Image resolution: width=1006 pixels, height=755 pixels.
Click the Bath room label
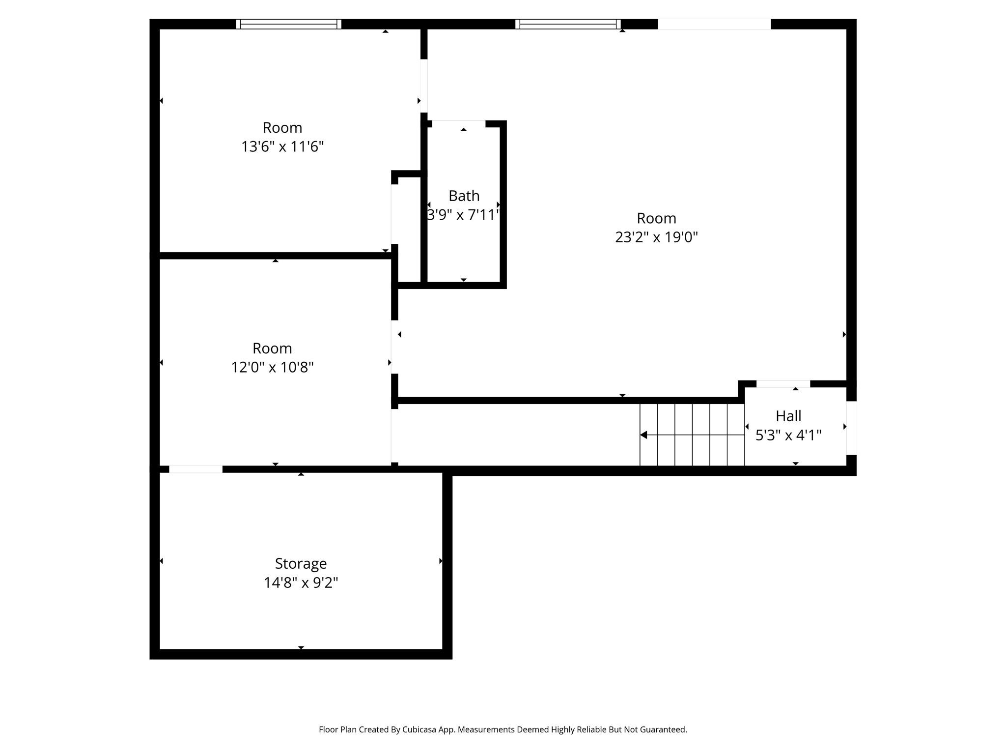click(x=464, y=196)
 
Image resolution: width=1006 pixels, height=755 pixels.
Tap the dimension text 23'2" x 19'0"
click(x=656, y=237)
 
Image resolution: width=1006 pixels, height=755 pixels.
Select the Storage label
click(x=301, y=563)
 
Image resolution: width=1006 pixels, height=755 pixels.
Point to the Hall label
click(x=788, y=416)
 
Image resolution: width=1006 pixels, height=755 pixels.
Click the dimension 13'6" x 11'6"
click(x=282, y=146)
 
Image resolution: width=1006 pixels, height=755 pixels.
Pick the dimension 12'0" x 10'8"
click(x=272, y=367)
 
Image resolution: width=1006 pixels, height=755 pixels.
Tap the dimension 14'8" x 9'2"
click(x=301, y=583)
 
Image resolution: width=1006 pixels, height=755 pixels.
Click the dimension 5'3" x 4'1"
click(x=788, y=436)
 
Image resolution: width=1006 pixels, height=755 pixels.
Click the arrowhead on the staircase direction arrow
click(x=643, y=435)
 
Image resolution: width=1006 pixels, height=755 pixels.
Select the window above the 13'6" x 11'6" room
click(x=288, y=24)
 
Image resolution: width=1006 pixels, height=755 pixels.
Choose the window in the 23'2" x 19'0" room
click(x=568, y=24)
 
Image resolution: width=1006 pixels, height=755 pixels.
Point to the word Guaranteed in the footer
click(x=665, y=729)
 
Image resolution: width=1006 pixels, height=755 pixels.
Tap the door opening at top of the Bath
click(x=459, y=123)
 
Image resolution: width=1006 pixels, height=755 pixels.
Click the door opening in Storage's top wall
click(x=196, y=469)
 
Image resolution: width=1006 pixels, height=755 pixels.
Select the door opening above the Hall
click(x=783, y=383)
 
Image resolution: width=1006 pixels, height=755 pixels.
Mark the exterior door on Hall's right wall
click(x=851, y=428)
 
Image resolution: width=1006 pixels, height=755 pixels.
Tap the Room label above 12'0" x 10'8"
click(x=272, y=348)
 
